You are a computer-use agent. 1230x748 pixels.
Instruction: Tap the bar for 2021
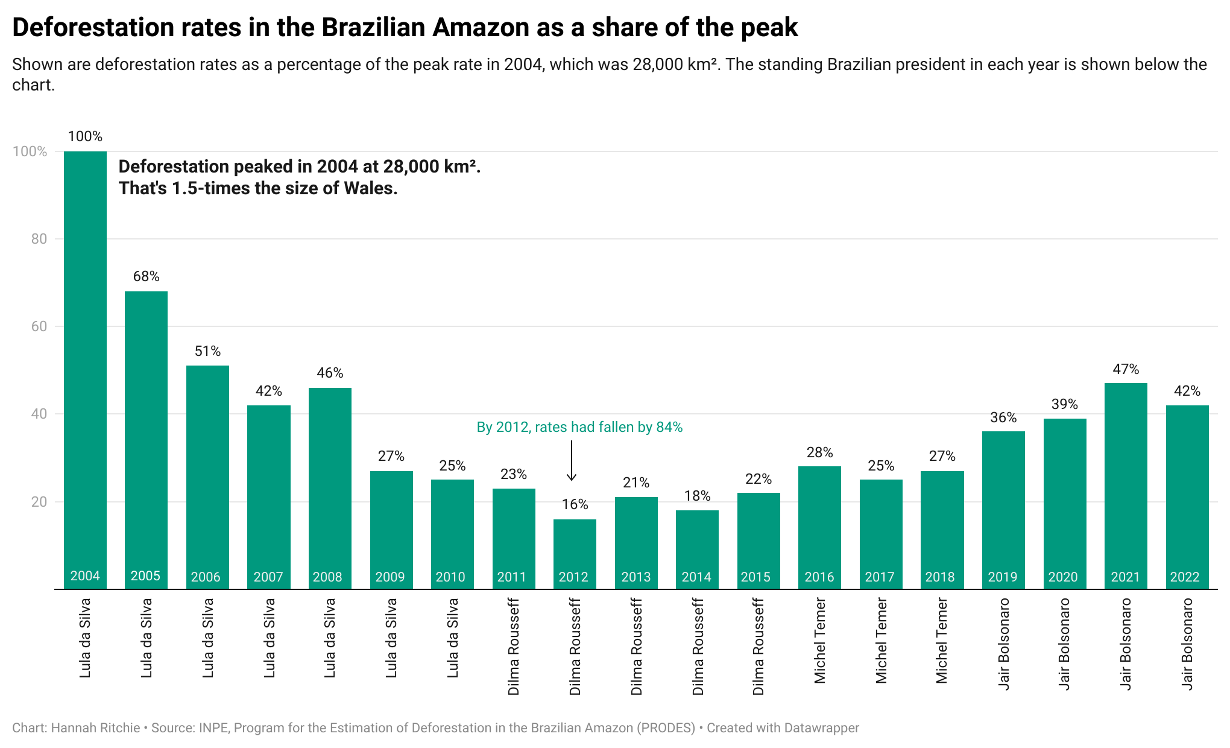pyautogui.click(x=1126, y=483)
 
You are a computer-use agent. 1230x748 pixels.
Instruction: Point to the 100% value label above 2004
pyautogui.click(x=85, y=137)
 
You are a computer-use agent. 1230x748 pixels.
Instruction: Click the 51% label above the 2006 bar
pyautogui.click(x=207, y=351)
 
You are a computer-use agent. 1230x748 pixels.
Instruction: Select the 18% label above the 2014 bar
pyautogui.click(x=697, y=496)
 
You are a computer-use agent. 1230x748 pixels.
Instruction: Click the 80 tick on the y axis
pyautogui.click(x=39, y=239)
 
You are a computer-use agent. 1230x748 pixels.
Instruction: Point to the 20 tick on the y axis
pyautogui.click(x=39, y=502)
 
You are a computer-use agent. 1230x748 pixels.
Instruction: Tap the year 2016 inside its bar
pyautogui.click(x=819, y=577)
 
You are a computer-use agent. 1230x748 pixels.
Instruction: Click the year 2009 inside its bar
pyautogui.click(x=390, y=577)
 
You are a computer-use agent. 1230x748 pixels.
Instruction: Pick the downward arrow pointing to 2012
pyautogui.click(x=572, y=461)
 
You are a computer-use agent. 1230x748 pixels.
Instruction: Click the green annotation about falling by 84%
pyautogui.click(x=579, y=427)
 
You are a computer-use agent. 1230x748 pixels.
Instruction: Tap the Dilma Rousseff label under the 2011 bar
pyautogui.click(x=514, y=646)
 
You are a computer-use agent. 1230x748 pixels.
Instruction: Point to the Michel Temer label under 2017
pyautogui.click(x=881, y=640)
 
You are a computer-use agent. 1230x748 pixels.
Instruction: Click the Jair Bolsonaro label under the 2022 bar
pyautogui.click(x=1187, y=643)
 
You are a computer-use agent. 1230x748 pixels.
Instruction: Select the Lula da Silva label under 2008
pyautogui.click(x=330, y=638)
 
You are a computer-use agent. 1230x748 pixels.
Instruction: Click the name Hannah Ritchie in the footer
pyautogui.click(x=95, y=728)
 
